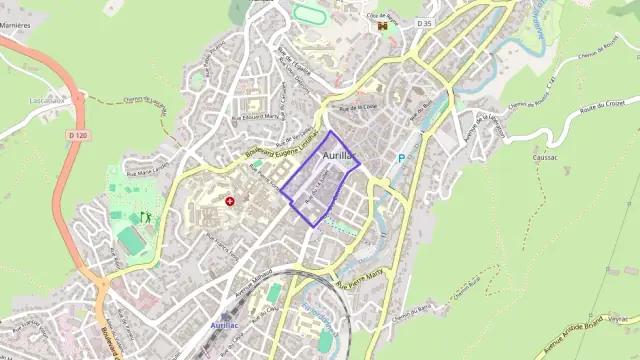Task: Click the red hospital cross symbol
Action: tap(230, 201)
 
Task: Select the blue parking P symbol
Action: tap(402, 158)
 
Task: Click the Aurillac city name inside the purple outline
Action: tap(339, 156)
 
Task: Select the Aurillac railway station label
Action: tap(225, 325)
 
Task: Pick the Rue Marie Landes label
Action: tap(143, 171)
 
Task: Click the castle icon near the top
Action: tap(381, 27)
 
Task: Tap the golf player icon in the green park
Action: tap(146, 215)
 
